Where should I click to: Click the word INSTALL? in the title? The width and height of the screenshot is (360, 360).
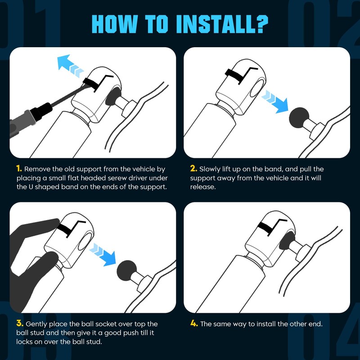pyautogui.click(x=222, y=24)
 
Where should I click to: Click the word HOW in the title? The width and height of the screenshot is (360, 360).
pyautogui.click(x=114, y=24)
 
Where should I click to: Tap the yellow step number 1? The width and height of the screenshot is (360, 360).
pyautogui.click(x=19, y=169)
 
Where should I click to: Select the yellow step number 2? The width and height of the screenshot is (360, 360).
pyautogui.click(x=193, y=169)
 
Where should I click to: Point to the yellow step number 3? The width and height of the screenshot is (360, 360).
pyautogui.click(x=20, y=324)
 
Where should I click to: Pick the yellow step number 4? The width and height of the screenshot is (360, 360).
pyautogui.click(x=194, y=324)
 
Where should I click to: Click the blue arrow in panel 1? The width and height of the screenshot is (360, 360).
pyautogui.click(x=70, y=65)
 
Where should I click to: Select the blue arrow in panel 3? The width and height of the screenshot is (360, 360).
pyautogui.click(x=103, y=254)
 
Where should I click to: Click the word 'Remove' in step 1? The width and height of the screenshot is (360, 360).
pyautogui.click(x=37, y=169)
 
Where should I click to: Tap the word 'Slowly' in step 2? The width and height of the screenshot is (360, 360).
pyautogui.click(x=210, y=169)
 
